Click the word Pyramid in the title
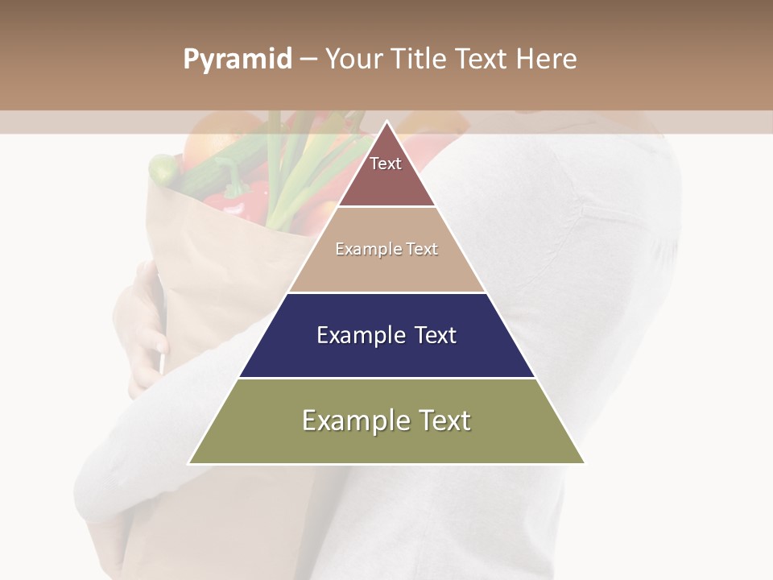click(x=238, y=60)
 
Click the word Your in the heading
click(x=353, y=60)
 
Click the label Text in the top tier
click(x=386, y=164)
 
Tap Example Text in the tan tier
click(x=386, y=249)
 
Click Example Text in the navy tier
click(x=386, y=335)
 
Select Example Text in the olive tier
click(x=386, y=420)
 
